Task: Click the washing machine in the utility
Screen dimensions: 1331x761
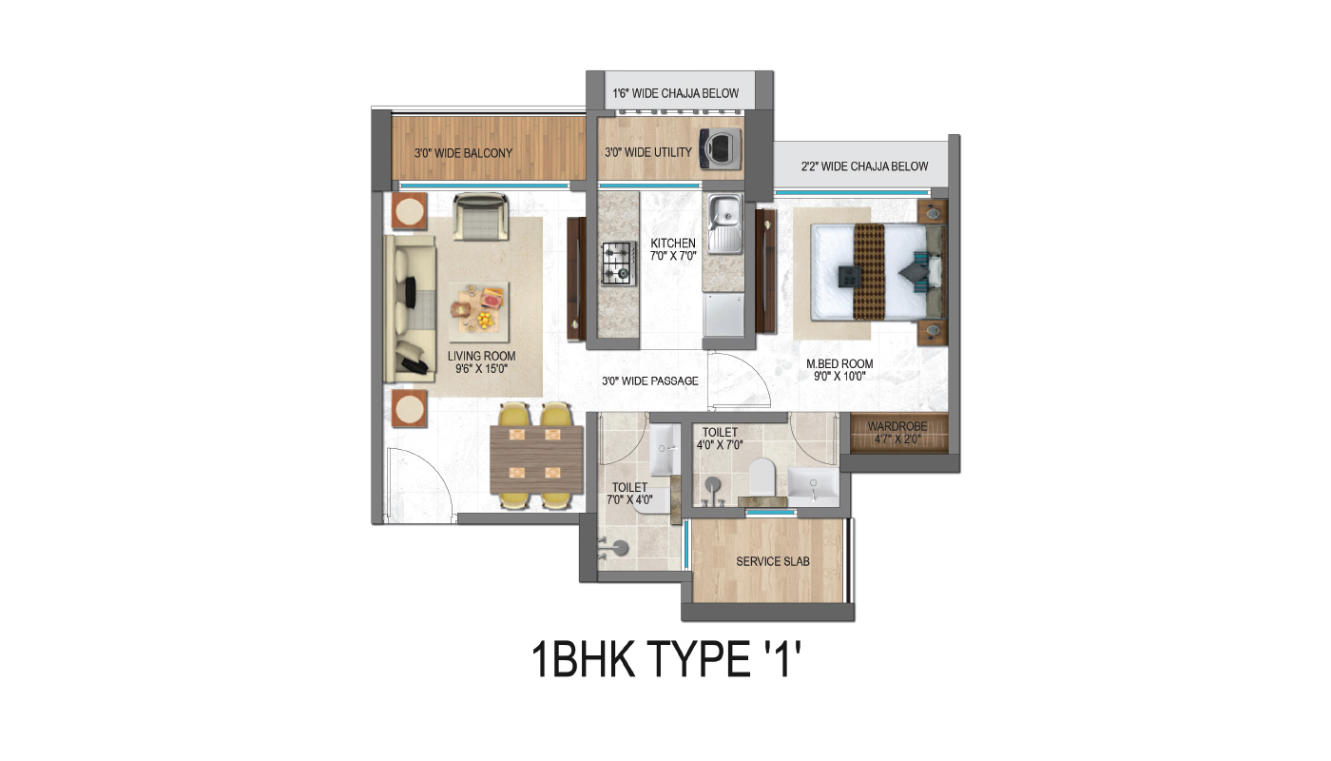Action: [721, 148]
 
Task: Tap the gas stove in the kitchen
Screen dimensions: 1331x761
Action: [619, 263]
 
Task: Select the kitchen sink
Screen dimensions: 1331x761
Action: [724, 224]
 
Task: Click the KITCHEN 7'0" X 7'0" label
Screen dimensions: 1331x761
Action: [673, 249]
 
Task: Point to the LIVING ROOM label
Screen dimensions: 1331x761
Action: [481, 356]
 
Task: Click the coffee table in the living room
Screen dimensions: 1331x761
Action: [479, 312]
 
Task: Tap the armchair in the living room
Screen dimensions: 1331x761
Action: [481, 217]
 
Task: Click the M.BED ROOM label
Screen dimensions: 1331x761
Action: [839, 363]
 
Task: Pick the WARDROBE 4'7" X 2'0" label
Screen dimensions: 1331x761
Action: [897, 433]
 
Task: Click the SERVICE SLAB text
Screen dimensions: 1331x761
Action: [772, 561]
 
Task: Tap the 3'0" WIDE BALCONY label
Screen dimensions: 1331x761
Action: [464, 153]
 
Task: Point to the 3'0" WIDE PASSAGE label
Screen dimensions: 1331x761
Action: [650, 381]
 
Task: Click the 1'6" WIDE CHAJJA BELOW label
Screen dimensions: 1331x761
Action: [676, 93]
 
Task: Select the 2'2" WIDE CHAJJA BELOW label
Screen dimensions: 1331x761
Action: [864, 166]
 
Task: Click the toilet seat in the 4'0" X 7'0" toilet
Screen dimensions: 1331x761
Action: [762, 477]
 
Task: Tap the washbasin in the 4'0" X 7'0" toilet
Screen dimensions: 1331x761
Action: [813, 487]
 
